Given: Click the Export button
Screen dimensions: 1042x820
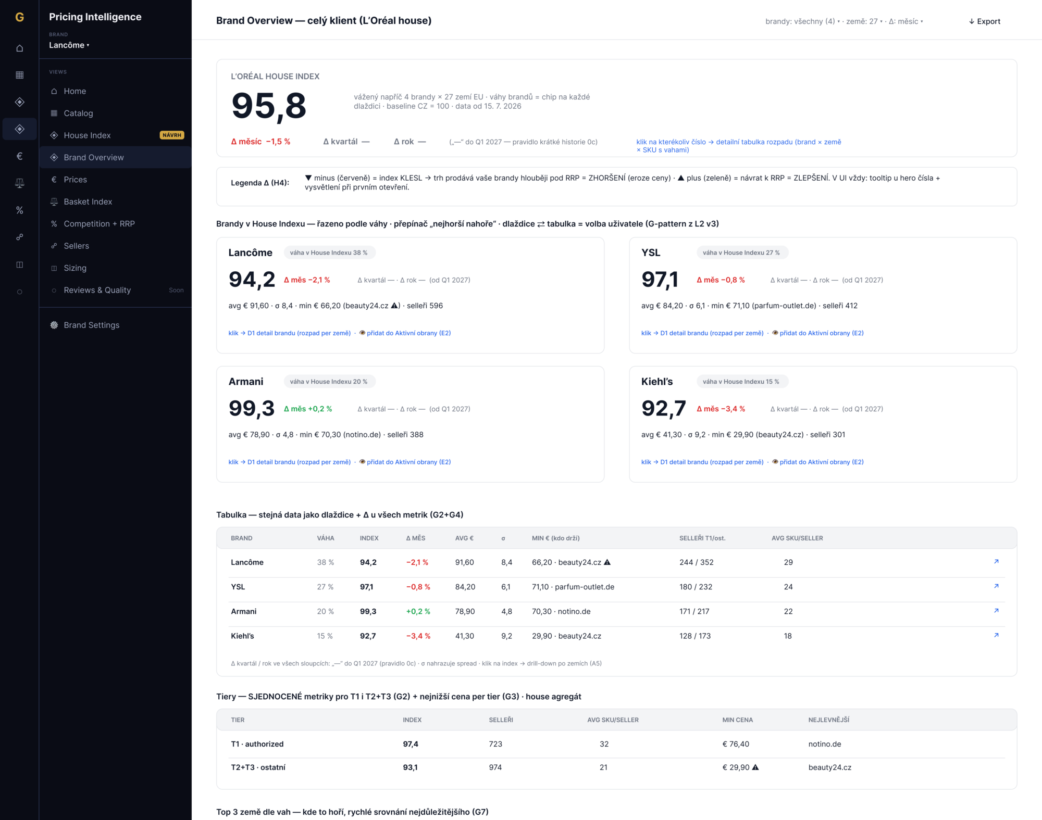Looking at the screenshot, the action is pyautogui.click(x=984, y=21).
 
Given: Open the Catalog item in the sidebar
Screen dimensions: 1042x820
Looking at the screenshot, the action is pyautogui.click(x=78, y=113).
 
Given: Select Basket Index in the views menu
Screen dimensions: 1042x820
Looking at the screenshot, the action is pyautogui.click(x=88, y=201).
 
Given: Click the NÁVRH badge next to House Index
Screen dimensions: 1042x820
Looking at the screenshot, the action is pyautogui.click(x=172, y=135).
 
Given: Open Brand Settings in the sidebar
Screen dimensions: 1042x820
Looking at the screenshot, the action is pyautogui.click(x=91, y=325).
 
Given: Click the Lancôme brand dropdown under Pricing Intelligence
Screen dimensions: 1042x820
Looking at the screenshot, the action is pyautogui.click(x=69, y=45).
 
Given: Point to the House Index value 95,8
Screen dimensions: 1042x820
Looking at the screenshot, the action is pyautogui.click(x=269, y=107).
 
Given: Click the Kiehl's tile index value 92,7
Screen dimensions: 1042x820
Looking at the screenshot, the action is pyautogui.click(x=663, y=409).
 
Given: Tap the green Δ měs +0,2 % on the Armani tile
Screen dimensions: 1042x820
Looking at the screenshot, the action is pyautogui.click(x=308, y=409).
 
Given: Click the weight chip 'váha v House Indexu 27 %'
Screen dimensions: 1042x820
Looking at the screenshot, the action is pyautogui.click(x=741, y=253).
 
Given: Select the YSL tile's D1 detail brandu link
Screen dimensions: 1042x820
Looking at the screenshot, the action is pyautogui.click(x=702, y=333).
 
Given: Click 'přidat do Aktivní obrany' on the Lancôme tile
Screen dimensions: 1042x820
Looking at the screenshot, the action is pyautogui.click(x=405, y=333).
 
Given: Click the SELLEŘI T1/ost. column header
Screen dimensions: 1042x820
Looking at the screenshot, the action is pyautogui.click(x=702, y=538).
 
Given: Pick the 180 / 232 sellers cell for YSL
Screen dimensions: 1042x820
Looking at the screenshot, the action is pyautogui.click(x=696, y=587).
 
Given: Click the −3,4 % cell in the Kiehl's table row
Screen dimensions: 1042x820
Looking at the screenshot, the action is pyautogui.click(x=418, y=636).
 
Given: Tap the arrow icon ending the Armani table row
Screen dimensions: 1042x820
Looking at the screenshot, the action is pyautogui.click(x=996, y=611).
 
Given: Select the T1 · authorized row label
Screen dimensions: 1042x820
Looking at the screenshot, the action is pyautogui.click(x=257, y=744).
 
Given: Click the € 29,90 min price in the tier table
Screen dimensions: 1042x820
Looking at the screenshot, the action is pyautogui.click(x=736, y=767).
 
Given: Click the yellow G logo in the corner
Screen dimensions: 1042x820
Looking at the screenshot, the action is pyautogui.click(x=20, y=17).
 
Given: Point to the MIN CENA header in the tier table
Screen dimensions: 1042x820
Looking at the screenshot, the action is pyautogui.click(x=737, y=720).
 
